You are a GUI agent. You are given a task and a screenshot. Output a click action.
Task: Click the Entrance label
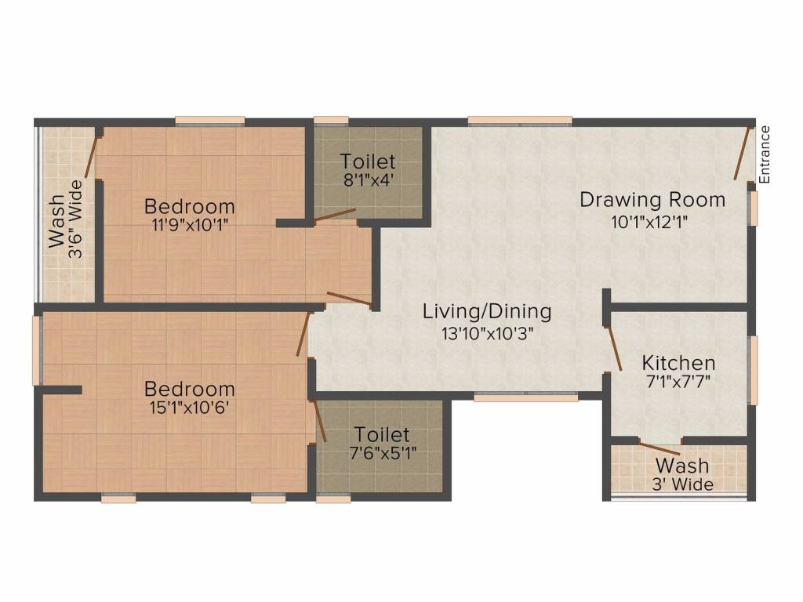tap(764, 154)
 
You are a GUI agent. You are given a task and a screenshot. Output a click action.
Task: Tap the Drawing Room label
tap(652, 199)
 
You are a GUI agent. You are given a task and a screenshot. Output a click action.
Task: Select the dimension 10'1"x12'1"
tap(649, 222)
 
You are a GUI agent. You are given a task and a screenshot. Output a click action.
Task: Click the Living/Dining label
tap(486, 311)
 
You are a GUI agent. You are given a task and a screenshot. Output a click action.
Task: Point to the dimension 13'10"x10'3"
tap(488, 333)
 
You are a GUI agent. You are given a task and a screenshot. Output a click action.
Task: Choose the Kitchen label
tap(678, 363)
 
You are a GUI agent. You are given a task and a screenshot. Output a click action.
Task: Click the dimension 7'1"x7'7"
tap(678, 382)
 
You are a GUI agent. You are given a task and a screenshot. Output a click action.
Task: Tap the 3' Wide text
tap(682, 484)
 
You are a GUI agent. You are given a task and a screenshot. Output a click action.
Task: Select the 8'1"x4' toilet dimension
tap(368, 180)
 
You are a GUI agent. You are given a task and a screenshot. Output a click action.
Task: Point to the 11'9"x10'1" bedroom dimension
tap(190, 225)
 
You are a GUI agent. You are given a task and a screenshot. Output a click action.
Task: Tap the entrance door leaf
tap(743, 153)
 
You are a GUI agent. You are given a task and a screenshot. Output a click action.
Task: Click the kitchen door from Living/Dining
tap(614, 348)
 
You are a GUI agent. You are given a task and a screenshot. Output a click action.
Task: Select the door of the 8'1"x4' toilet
tap(334, 216)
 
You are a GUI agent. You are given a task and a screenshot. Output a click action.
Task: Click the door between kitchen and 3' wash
tap(660, 447)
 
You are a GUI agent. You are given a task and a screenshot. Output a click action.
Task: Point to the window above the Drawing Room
tap(520, 121)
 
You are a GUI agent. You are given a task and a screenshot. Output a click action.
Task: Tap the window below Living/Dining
tap(526, 396)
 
